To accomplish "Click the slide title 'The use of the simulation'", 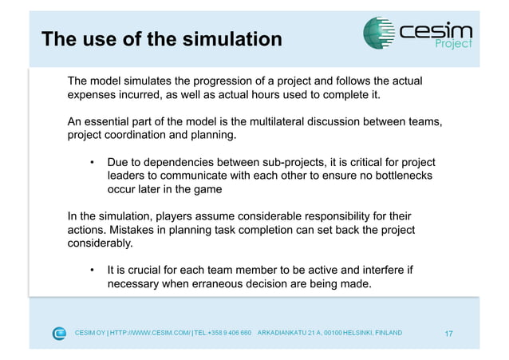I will [x=161, y=39].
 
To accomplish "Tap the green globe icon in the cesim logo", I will [x=378, y=33].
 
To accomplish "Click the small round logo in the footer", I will [x=59, y=333].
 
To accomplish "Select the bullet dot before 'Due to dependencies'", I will [x=93, y=161].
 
